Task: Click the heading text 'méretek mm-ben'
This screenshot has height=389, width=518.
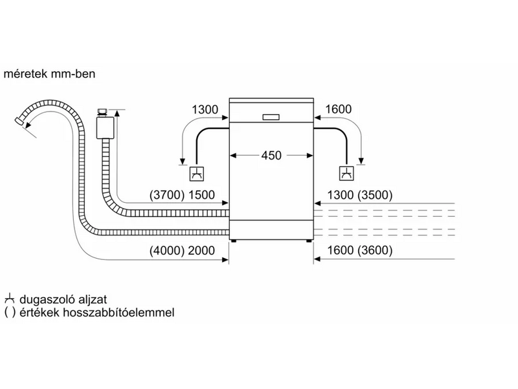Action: [x=50, y=75]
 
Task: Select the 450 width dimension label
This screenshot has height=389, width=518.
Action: [x=271, y=156]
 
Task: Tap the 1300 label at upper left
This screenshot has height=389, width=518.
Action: [x=205, y=110]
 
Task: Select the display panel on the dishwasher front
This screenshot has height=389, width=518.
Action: [x=271, y=117]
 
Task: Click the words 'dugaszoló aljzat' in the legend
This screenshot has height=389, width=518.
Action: [x=61, y=299]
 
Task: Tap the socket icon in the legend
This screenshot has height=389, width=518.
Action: [x=9, y=299]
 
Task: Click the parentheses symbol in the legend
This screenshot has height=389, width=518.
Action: [x=9, y=312]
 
